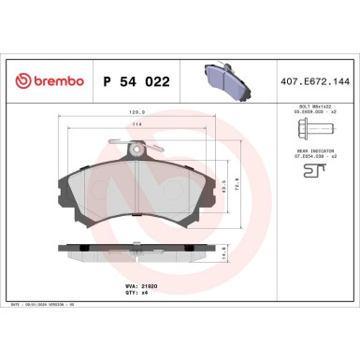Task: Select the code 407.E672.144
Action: tap(314, 81)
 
